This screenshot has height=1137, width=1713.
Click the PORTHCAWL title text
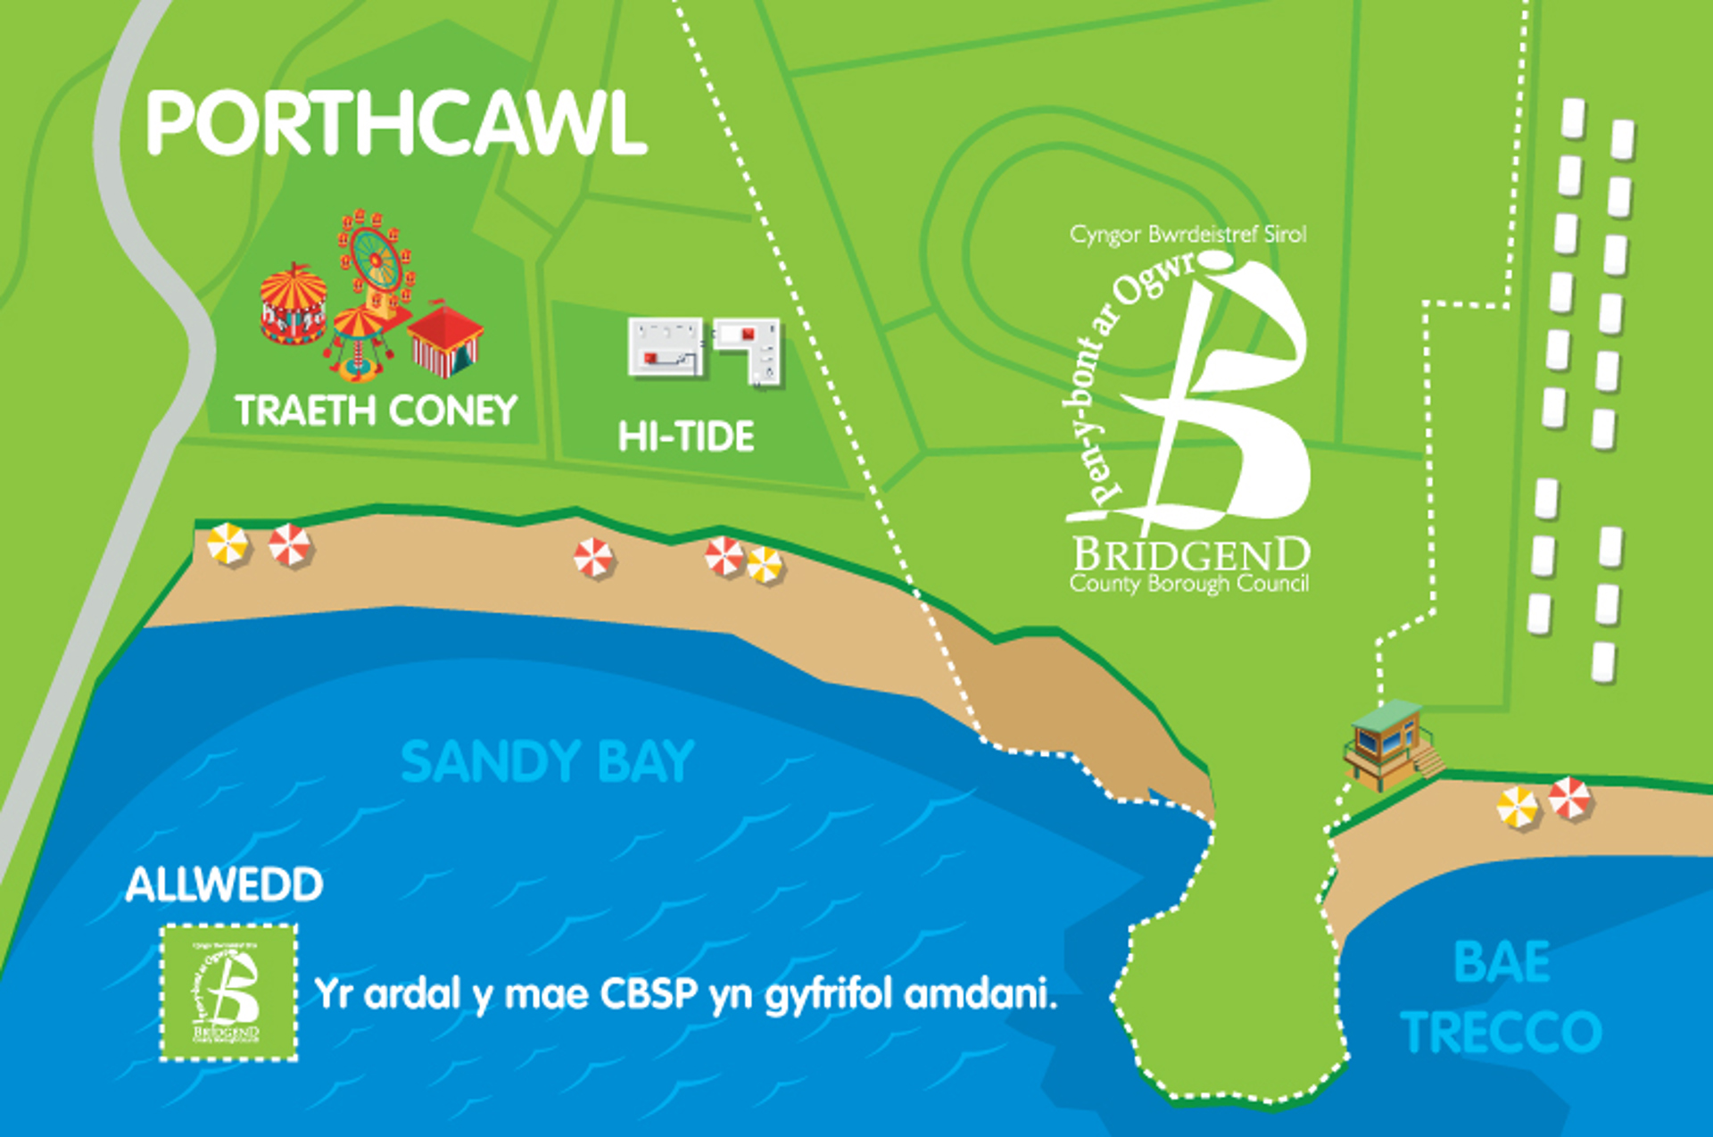point(396,124)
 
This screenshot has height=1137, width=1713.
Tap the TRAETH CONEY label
point(376,411)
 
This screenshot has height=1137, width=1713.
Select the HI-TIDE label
point(686,436)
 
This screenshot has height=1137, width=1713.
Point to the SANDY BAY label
point(547,761)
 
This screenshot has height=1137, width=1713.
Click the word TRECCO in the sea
point(1502,1032)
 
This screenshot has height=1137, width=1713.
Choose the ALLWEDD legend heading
point(224,884)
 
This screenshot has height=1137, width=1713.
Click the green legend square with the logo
point(228,992)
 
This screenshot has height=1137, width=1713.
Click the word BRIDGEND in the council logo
point(1191,555)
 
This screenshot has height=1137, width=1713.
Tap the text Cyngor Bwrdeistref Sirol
point(1188,235)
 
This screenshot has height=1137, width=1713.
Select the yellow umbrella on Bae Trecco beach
point(1517,808)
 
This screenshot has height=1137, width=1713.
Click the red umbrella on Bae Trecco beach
point(1569,797)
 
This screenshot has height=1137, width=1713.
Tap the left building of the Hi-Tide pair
point(665,347)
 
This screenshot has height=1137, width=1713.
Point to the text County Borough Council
point(1189,584)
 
